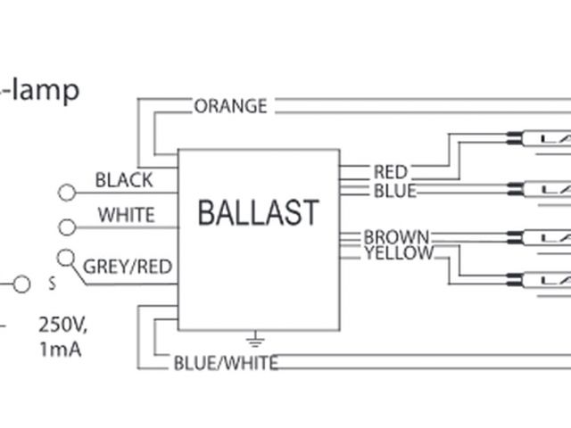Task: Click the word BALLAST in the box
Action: tap(258, 212)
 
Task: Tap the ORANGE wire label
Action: tap(230, 106)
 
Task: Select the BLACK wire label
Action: tap(124, 179)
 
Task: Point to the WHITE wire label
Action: tap(126, 215)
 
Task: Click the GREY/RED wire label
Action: tap(128, 266)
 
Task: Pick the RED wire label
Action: tap(390, 171)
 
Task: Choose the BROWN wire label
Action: tap(396, 237)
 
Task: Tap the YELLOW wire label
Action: tap(399, 253)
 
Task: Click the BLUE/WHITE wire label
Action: tap(224, 362)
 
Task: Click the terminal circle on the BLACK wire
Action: tap(66, 193)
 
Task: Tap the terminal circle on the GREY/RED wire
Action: tap(65, 259)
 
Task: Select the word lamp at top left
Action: tap(45, 89)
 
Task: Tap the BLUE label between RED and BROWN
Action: tap(394, 190)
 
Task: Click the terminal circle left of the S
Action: tap(22, 284)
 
